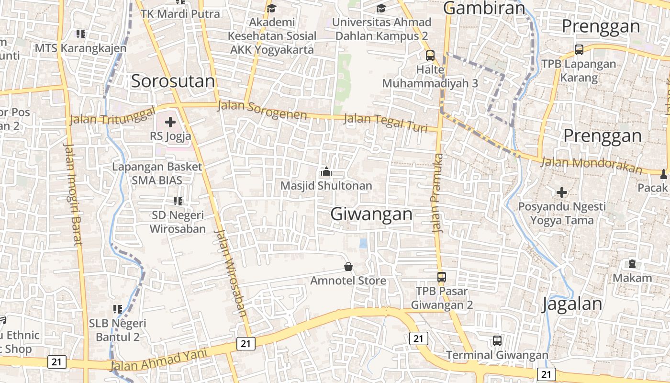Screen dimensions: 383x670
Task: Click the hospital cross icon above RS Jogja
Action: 170,122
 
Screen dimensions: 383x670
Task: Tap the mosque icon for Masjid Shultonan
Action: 326,171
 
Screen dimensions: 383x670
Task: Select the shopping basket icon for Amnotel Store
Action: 348,266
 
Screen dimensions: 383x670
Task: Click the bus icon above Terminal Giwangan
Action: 497,341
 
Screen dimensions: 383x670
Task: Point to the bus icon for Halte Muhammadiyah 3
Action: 430,56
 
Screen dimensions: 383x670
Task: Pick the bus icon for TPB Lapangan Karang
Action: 579,50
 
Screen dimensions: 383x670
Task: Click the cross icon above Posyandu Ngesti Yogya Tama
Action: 562,192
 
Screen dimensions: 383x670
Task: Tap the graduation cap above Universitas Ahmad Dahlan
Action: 381,8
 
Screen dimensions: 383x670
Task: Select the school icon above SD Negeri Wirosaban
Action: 178,201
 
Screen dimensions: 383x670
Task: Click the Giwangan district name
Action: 371,214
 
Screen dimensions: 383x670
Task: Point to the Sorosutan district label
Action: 173,81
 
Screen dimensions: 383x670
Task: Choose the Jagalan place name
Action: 572,304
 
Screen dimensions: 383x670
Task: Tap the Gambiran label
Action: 484,8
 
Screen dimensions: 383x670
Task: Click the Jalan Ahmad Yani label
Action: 159,360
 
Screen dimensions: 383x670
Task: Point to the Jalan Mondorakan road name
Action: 591,165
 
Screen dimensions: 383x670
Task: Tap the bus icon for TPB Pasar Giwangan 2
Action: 442,277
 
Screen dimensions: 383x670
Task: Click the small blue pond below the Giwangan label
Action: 364,243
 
